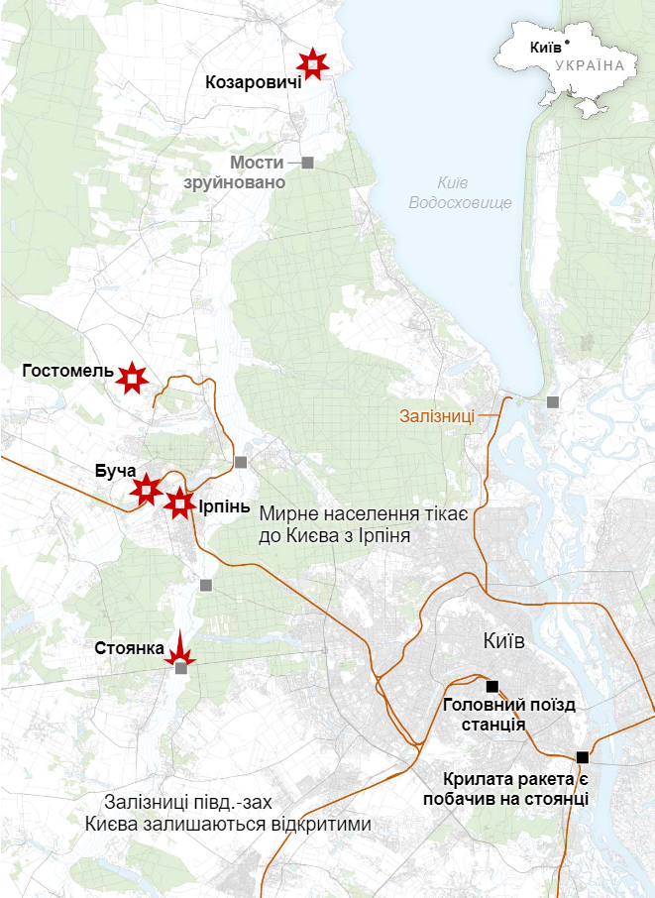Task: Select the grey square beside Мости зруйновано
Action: [x=307, y=162]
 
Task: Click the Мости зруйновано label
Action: [x=235, y=172]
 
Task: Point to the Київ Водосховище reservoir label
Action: [x=461, y=192]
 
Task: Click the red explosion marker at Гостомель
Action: [x=131, y=377]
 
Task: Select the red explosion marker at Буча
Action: [x=146, y=489]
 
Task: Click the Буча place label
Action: [x=115, y=472]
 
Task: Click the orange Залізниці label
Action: [x=437, y=416]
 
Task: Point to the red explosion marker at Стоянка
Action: [x=180, y=651]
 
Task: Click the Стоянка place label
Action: [x=129, y=648]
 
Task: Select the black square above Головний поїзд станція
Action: [x=491, y=686]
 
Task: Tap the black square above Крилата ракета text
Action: [x=582, y=757]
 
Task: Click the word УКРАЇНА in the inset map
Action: [x=591, y=65]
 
